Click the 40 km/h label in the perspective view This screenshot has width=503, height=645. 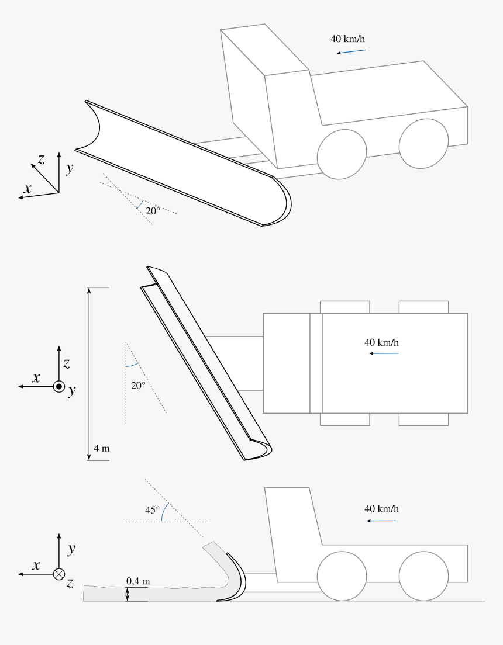click(x=347, y=39)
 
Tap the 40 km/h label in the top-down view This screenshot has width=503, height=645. click(x=381, y=342)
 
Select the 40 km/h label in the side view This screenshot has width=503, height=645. click(x=381, y=509)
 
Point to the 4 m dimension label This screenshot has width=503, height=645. click(x=102, y=448)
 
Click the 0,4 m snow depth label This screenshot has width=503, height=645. click(x=138, y=581)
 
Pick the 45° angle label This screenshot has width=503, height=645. click(x=152, y=510)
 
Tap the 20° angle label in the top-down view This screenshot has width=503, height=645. click(x=138, y=386)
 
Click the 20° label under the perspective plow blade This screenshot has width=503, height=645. click(x=153, y=211)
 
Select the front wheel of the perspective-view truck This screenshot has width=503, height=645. click(x=342, y=154)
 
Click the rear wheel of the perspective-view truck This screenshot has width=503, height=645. click(x=423, y=144)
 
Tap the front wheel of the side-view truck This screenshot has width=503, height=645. click(x=342, y=576)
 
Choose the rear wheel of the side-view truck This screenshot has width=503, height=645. click(x=423, y=576)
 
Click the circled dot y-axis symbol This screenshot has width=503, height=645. click(x=59, y=387)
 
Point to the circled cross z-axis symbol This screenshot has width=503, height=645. click(x=59, y=574)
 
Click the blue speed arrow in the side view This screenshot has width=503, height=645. click(x=381, y=521)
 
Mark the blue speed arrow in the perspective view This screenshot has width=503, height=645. click(x=351, y=51)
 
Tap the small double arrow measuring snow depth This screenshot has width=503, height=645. click(x=128, y=594)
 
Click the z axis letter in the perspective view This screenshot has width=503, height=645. click(x=41, y=159)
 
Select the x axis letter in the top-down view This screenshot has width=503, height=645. click(x=36, y=377)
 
